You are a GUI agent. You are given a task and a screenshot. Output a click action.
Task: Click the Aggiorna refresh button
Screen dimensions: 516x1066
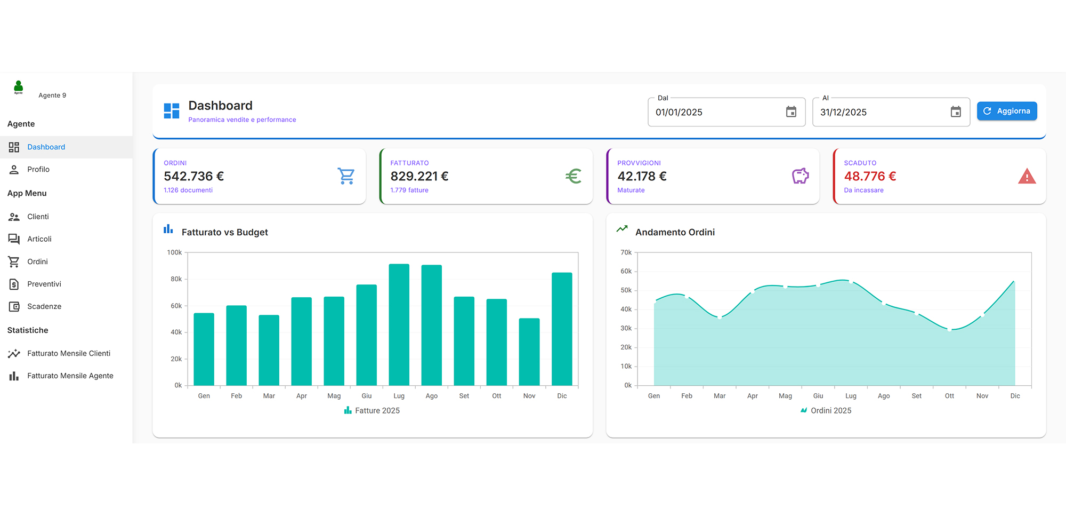(x=1006, y=111)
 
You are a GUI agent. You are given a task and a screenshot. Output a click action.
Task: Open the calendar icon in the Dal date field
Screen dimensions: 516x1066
(x=791, y=112)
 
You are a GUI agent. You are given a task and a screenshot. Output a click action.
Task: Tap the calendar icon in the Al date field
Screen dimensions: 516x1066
(x=956, y=112)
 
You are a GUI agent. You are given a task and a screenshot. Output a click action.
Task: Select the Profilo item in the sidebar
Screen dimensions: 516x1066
(x=38, y=169)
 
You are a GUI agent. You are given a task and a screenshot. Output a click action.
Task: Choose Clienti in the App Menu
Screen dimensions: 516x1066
(x=38, y=217)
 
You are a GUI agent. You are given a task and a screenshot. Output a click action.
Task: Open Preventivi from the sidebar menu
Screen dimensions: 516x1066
(x=44, y=284)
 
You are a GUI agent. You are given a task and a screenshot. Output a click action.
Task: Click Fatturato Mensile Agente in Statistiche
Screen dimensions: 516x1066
(x=70, y=376)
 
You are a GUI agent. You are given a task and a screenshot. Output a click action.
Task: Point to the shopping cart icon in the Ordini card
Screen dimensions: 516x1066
(x=346, y=176)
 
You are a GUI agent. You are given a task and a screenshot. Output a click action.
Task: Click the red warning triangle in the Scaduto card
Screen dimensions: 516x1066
(x=1027, y=177)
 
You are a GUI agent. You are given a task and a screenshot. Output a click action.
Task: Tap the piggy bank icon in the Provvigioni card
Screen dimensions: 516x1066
(x=800, y=176)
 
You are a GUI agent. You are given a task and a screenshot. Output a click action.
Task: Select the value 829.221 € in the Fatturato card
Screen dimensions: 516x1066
(x=419, y=176)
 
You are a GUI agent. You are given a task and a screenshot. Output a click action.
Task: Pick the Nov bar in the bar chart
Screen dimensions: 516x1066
(x=529, y=352)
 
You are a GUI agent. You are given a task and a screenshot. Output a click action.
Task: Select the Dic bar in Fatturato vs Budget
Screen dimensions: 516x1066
(x=562, y=329)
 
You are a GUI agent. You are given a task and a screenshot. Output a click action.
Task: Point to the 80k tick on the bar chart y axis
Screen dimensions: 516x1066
(x=176, y=279)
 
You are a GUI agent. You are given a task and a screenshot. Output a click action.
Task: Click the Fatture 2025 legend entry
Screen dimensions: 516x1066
(x=372, y=410)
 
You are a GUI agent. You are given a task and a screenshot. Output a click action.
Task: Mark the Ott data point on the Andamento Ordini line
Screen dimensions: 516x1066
(x=949, y=330)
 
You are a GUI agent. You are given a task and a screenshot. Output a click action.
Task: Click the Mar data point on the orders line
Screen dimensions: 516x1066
(x=720, y=317)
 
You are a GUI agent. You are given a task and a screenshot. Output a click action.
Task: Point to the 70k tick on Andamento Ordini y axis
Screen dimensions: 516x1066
(x=626, y=252)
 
